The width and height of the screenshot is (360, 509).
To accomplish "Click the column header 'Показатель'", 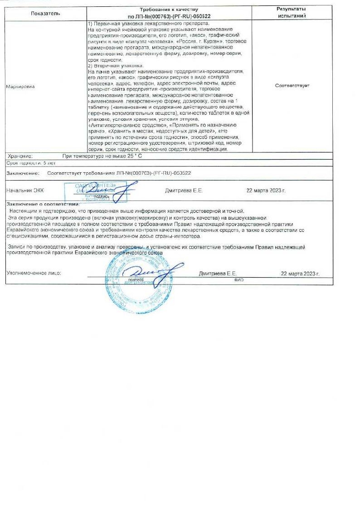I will [45, 14].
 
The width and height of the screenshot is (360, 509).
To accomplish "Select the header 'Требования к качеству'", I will [172, 10].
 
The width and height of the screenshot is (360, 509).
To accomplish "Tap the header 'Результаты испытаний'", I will [291, 12].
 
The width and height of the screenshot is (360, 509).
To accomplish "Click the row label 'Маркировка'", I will [20, 86].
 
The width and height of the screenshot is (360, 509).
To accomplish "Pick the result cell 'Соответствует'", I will [292, 85].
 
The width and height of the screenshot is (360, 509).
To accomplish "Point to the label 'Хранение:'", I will [20, 156].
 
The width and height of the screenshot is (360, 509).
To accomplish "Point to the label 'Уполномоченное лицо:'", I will [34, 274].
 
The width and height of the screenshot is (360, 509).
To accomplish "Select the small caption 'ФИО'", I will [239, 280].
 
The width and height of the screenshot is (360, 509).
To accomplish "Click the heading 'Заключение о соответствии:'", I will [43, 205].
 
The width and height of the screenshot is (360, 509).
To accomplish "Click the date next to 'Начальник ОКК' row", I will [266, 191].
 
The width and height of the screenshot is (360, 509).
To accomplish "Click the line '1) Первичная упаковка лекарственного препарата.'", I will [148, 23].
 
